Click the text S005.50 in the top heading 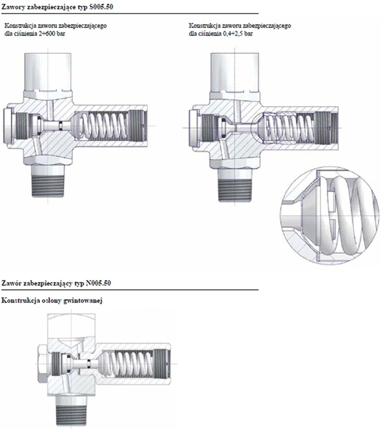point(101,7)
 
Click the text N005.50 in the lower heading point(98,283)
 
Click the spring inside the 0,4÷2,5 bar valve point(290,127)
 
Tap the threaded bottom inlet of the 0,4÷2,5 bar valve point(234,186)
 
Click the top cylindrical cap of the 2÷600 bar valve point(48,72)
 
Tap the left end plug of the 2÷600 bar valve point(8,125)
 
